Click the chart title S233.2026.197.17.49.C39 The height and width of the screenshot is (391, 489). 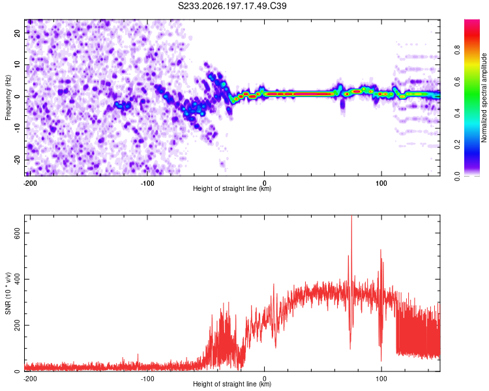tap(232, 6)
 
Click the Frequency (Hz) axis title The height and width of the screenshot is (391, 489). tap(8, 98)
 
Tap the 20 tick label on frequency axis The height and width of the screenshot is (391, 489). tap(17, 33)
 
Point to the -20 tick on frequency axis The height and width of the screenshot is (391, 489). tap(17, 160)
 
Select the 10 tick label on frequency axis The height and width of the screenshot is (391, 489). tap(17, 65)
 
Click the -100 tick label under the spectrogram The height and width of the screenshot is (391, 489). tap(147, 183)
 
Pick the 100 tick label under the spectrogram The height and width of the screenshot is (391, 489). tap(381, 183)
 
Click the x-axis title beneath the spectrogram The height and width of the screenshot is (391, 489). tap(232, 188)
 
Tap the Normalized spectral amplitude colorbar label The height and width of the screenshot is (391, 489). tap(484, 98)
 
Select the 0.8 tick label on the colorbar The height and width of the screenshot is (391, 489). tap(457, 50)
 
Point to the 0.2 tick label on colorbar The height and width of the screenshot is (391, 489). tap(457, 145)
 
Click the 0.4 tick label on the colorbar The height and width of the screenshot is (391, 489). tap(457, 113)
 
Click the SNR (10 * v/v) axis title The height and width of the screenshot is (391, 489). tap(8, 293)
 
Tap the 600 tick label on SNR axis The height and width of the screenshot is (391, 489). tap(17, 233)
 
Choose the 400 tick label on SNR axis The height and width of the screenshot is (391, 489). tap(17, 279)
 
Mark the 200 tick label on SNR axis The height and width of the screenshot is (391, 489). tap(17, 325)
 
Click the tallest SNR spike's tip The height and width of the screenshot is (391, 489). tap(351, 216)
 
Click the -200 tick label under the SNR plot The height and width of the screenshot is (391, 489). tap(30, 379)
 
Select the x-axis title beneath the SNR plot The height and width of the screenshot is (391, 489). tap(232, 384)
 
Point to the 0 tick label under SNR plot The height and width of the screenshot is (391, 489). tap(265, 379)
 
